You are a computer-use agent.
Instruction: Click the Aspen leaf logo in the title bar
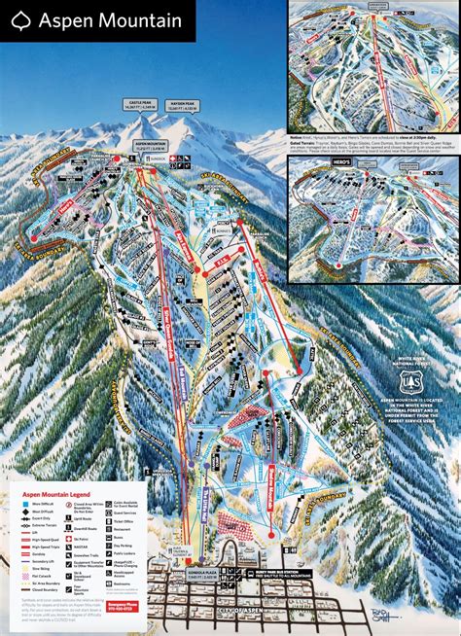click(19, 19)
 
